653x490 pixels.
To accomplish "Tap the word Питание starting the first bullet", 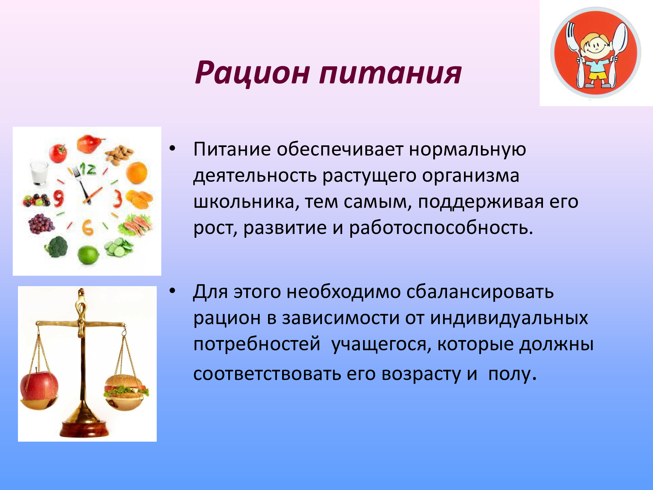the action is point(232,149).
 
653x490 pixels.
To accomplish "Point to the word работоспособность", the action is point(441,227).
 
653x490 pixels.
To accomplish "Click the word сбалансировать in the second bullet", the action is point(480,291).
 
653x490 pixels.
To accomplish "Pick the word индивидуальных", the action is point(509,318).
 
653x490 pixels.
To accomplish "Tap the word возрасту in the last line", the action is point(421,374).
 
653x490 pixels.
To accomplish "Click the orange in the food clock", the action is point(136,172).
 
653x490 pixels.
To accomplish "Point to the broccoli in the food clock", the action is point(57,247).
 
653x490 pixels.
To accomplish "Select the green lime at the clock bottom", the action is point(88,255).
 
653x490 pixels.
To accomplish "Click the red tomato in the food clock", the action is point(58,153).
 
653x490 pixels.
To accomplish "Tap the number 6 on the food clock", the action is point(88,227).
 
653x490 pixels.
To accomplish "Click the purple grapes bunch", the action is point(40,223).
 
